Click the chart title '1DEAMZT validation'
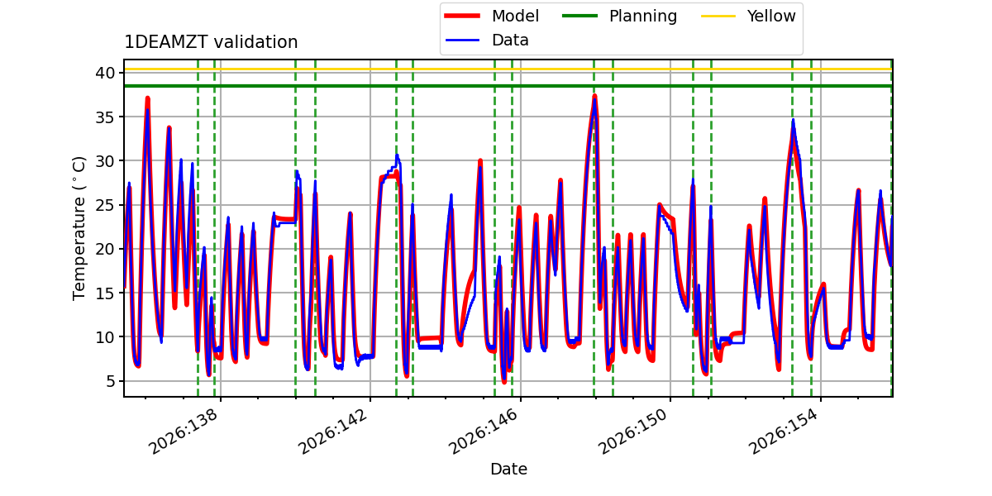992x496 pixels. pos(211,42)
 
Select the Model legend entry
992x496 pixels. pos(492,16)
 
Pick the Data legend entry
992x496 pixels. pos(487,41)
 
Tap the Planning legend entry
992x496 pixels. pos(619,16)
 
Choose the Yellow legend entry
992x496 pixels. pos(748,16)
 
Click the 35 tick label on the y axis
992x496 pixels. pos(104,117)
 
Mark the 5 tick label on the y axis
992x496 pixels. pos(110,381)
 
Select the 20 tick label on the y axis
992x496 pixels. pos(104,249)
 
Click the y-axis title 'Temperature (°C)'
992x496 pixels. pos(79,228)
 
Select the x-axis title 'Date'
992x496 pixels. pos(508,469)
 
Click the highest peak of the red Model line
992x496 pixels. pos(594,96)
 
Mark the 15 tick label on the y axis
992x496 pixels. pos(104,293)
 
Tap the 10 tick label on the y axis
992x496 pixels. pos(104,336)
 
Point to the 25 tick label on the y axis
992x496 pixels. pos(104,205)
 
